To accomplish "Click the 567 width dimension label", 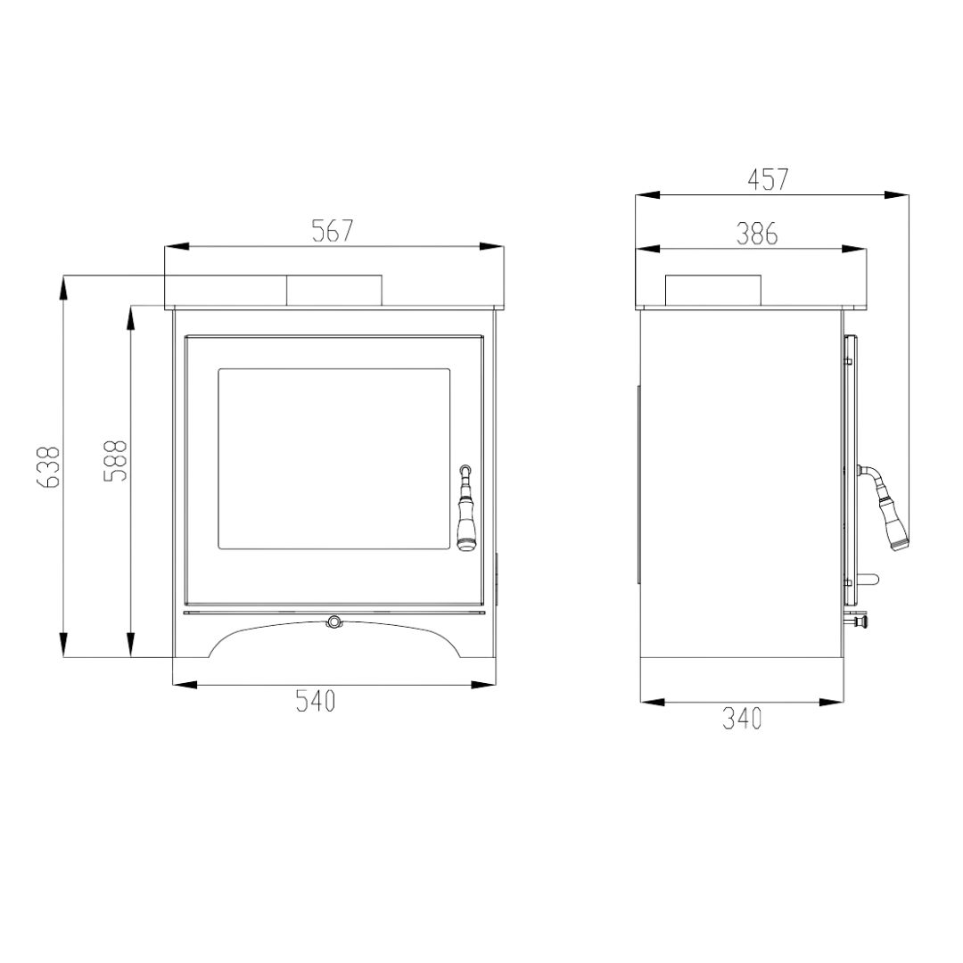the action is point(333,231).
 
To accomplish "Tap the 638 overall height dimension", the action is point(48,466).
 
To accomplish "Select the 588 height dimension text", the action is point(115,460).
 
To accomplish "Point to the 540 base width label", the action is point(316,701).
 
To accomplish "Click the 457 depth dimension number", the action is point(768,179).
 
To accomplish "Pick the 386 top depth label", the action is point(757,234).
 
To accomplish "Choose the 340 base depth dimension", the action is point(742,719).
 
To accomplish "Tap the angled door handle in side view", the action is point(883,505).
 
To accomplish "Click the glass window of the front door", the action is point(334,458).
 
